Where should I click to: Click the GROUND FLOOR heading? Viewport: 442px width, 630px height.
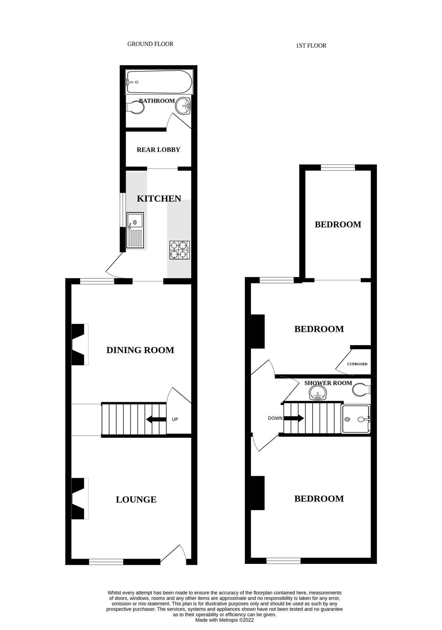(150, 44)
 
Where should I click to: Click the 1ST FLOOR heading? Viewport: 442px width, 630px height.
(311, 45)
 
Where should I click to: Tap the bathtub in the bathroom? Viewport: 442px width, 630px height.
(159, 82)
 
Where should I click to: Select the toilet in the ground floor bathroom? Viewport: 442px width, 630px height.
(135, 107)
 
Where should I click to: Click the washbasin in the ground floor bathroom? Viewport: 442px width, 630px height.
(183, 105)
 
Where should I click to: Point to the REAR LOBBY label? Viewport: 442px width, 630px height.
(158, 150)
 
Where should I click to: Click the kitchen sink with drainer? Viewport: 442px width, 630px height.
(135, 230)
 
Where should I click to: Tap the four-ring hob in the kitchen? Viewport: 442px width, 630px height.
(179, 250)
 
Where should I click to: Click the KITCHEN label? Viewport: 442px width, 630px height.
(159, 199)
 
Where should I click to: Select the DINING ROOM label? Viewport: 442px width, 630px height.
(140, 350)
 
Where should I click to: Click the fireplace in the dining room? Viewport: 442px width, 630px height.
(79, 345)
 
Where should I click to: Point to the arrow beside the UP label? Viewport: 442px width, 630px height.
(156, 419)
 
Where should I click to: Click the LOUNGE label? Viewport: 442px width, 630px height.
(136, 499)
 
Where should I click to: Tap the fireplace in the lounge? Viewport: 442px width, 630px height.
(79, 499)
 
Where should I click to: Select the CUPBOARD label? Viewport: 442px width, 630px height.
(357, 364)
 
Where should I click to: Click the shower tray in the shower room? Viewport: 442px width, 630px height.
(355, 419)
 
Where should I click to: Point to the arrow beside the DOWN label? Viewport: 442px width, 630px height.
(294, 418)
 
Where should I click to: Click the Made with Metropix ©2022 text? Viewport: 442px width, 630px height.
(224, 620)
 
